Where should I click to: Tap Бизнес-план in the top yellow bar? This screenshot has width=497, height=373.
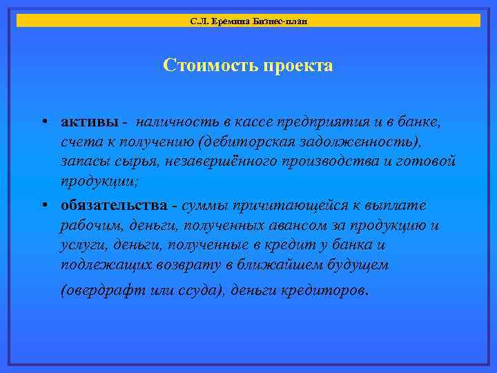[279, 21]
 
